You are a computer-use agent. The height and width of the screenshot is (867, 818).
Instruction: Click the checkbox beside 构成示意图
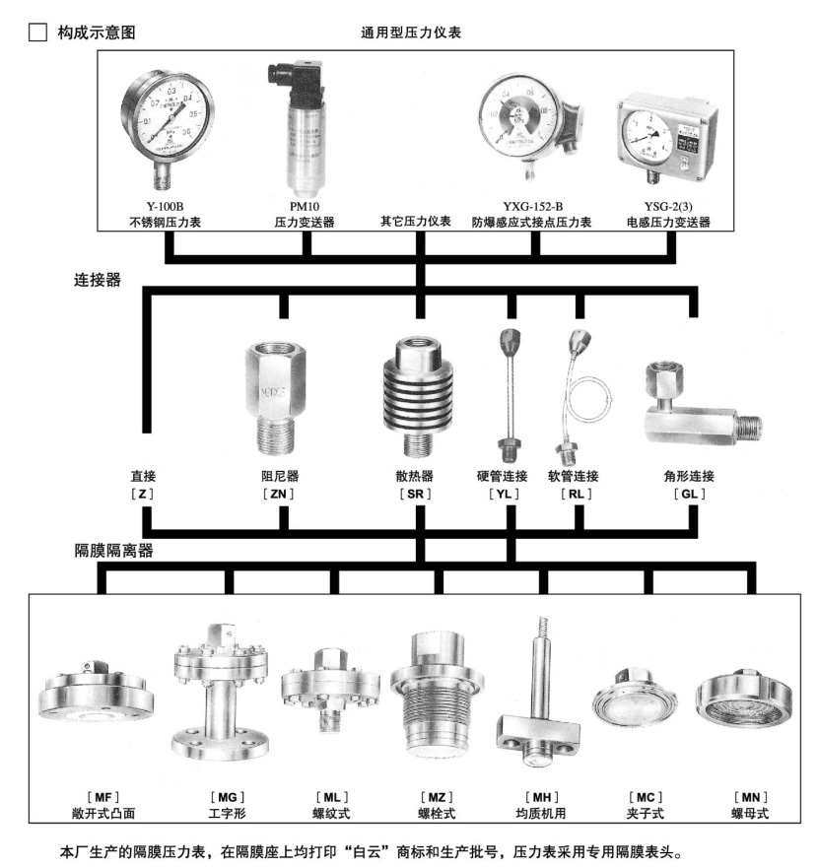[37, 33]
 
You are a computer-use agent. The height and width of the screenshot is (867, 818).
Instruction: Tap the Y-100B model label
[165, 207]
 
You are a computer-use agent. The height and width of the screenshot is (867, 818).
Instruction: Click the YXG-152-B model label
[532, 207]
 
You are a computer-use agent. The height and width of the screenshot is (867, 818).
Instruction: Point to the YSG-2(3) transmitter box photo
[667, 137]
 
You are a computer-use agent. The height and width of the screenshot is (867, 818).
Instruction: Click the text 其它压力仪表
[415, 221]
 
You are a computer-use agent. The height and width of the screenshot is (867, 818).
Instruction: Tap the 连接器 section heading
[98, 280]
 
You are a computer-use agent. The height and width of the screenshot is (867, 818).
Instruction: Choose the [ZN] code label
[278, 494]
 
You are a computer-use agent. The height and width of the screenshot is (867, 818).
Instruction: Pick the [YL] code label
[504, 494]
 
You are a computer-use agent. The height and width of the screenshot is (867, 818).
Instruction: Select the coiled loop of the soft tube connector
[589, 399]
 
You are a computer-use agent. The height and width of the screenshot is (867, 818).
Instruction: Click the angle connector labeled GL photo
[703, 404]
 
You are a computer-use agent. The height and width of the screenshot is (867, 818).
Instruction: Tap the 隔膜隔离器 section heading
[113, 550]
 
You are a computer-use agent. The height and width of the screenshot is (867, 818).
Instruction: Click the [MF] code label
[103, 797]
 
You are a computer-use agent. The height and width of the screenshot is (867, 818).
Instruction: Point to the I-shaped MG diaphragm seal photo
[221, 693]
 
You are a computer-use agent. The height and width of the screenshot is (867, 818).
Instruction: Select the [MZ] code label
[437, 797]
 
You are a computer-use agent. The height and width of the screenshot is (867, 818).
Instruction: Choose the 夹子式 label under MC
[645, 814]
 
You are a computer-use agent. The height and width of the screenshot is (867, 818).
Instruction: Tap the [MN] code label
[751, 797]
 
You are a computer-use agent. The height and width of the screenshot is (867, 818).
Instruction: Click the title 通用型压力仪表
[411, 33]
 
